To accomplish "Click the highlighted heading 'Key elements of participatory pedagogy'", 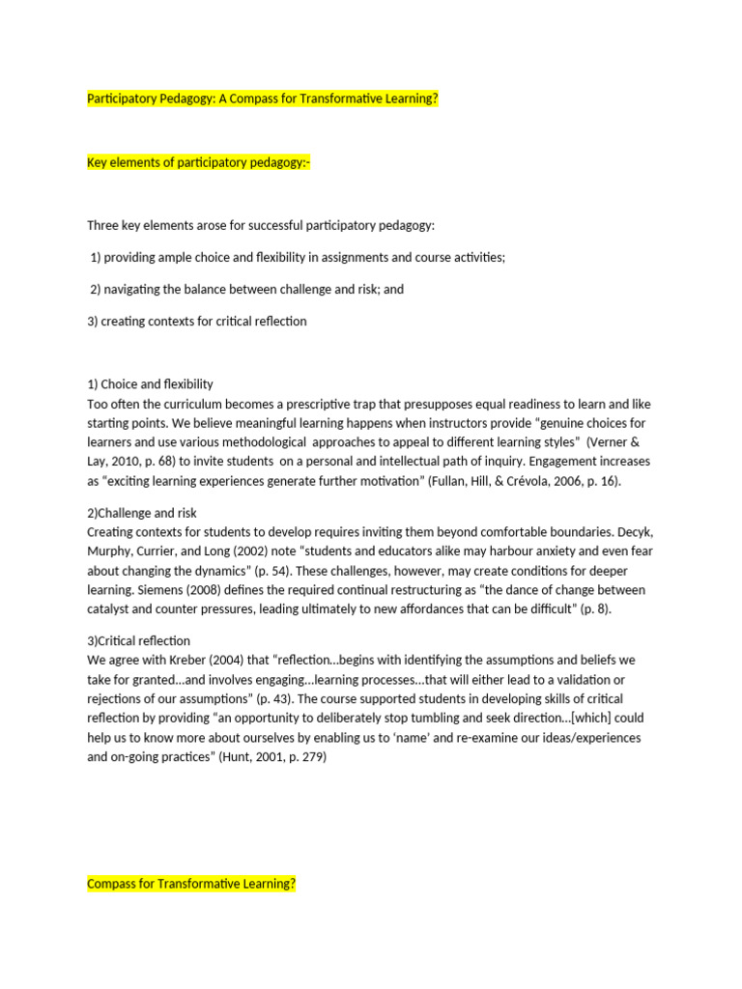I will point(199,162).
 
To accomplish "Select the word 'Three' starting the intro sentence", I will point(104,226).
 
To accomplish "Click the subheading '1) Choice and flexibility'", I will point(150,384).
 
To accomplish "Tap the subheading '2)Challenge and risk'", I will point(142,513).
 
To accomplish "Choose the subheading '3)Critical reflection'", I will point(139,640).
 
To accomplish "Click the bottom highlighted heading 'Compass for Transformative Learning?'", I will point(191,884).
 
